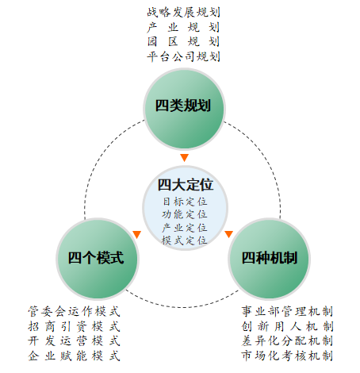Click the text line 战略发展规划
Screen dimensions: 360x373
[183, 13]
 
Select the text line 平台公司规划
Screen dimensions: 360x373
[183, 56]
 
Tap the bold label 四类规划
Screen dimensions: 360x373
[183, 106]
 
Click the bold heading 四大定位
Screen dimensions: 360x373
[186, 185]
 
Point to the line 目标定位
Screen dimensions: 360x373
[185, 202]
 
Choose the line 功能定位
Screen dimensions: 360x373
[185, 214]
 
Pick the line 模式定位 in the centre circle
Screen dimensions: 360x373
[185, 240]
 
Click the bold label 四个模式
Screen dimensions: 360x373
[96, 258]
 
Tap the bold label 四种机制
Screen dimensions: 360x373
[270, 258]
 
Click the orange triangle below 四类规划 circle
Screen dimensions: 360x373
[184, 157]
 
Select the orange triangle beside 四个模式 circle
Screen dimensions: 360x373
[137, 234]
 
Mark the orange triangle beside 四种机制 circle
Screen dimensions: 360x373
[229, 234]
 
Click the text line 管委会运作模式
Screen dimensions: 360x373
[75, 311]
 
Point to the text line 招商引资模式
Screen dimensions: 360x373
[75, 326]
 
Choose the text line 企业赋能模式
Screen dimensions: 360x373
[75, 356]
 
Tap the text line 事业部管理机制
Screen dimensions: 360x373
[287, 311]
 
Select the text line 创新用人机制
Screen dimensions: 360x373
[287, 326]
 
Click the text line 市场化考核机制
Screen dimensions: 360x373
[287, 356]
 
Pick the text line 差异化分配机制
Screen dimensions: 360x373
[287, 340]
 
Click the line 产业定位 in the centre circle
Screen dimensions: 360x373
[185, 228]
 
